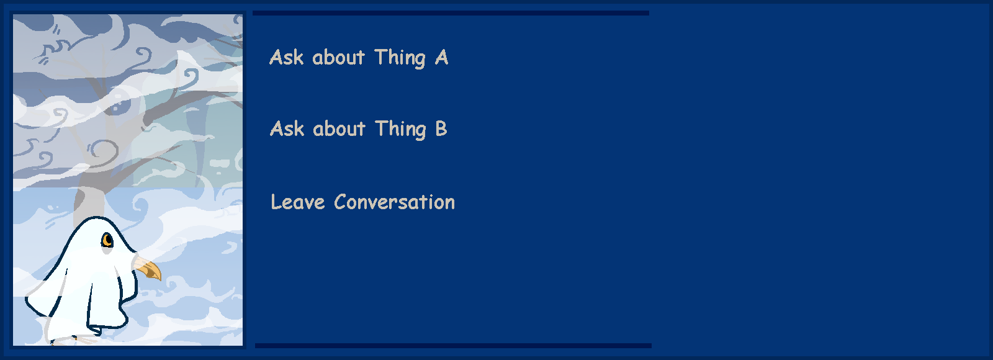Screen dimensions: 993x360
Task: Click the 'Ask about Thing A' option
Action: [359, 58]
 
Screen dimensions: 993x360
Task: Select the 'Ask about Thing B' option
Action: [359, 130]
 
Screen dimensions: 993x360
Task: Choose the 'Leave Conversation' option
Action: [362, 202]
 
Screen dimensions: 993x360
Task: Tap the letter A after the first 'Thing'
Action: [441, 57]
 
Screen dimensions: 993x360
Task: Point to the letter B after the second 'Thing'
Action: [441, 128]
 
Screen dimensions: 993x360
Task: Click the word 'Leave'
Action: [298, 202]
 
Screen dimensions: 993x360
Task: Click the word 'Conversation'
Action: [395, 202]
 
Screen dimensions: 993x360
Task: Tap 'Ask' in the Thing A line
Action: [286, 57]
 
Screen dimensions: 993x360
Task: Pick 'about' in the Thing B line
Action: [339, 129]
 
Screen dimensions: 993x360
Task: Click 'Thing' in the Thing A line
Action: [400, 58]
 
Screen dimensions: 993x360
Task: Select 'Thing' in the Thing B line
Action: [400, 130]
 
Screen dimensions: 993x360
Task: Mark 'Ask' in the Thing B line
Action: [287, 129]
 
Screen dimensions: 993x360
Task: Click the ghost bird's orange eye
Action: [107, 240]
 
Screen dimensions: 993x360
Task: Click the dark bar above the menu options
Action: [451, 13]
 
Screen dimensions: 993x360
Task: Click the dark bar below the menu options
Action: [453, 345]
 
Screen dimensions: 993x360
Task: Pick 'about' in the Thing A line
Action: [338, 57]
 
